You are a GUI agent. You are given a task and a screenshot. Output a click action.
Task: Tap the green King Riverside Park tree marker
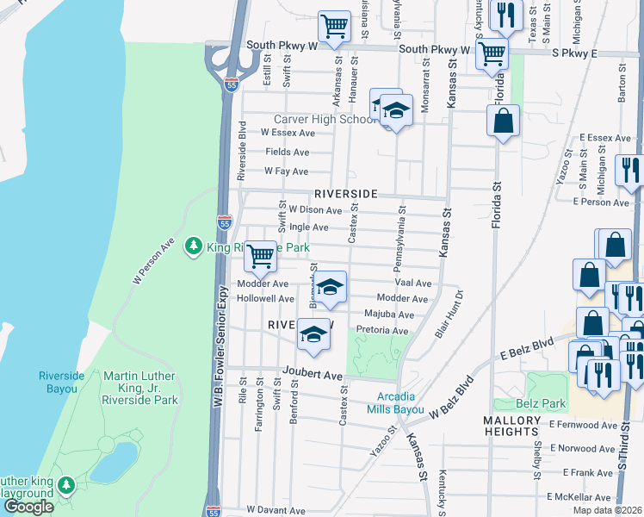pos(195,247)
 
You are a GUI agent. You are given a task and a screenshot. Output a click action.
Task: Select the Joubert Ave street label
pos(311,376)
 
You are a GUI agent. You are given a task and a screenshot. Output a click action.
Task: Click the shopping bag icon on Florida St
pos(503,121)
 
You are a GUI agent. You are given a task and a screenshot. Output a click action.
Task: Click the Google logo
pos(28,507)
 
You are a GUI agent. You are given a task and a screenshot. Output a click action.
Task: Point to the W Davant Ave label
pos(277,510)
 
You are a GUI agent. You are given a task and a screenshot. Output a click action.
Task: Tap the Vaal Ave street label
pos(412,283)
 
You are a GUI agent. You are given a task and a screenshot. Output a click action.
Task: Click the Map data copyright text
pos(607,510)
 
